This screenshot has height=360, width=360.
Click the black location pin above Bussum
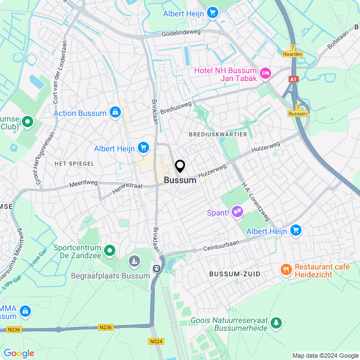(x=180, y=166)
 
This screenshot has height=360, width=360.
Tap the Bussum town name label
(x=180, y=181)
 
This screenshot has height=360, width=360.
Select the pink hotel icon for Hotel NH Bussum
(x=265, y=73)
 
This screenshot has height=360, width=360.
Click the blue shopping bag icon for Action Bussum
(x=115, y=112)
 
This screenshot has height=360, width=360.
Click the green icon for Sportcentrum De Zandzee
(x=110, y=250)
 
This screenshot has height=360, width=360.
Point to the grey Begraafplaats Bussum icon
(x=134, y=261)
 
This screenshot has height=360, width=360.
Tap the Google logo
(x=19, y=353)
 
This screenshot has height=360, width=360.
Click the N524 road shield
(x=156, y=341)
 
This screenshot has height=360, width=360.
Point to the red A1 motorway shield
(x=292, y=79)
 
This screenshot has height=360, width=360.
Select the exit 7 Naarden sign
(x=292, y=51)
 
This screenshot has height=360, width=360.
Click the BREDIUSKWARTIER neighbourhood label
(x=218, y=134)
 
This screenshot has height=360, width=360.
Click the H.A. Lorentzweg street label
(x=256, y=201)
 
